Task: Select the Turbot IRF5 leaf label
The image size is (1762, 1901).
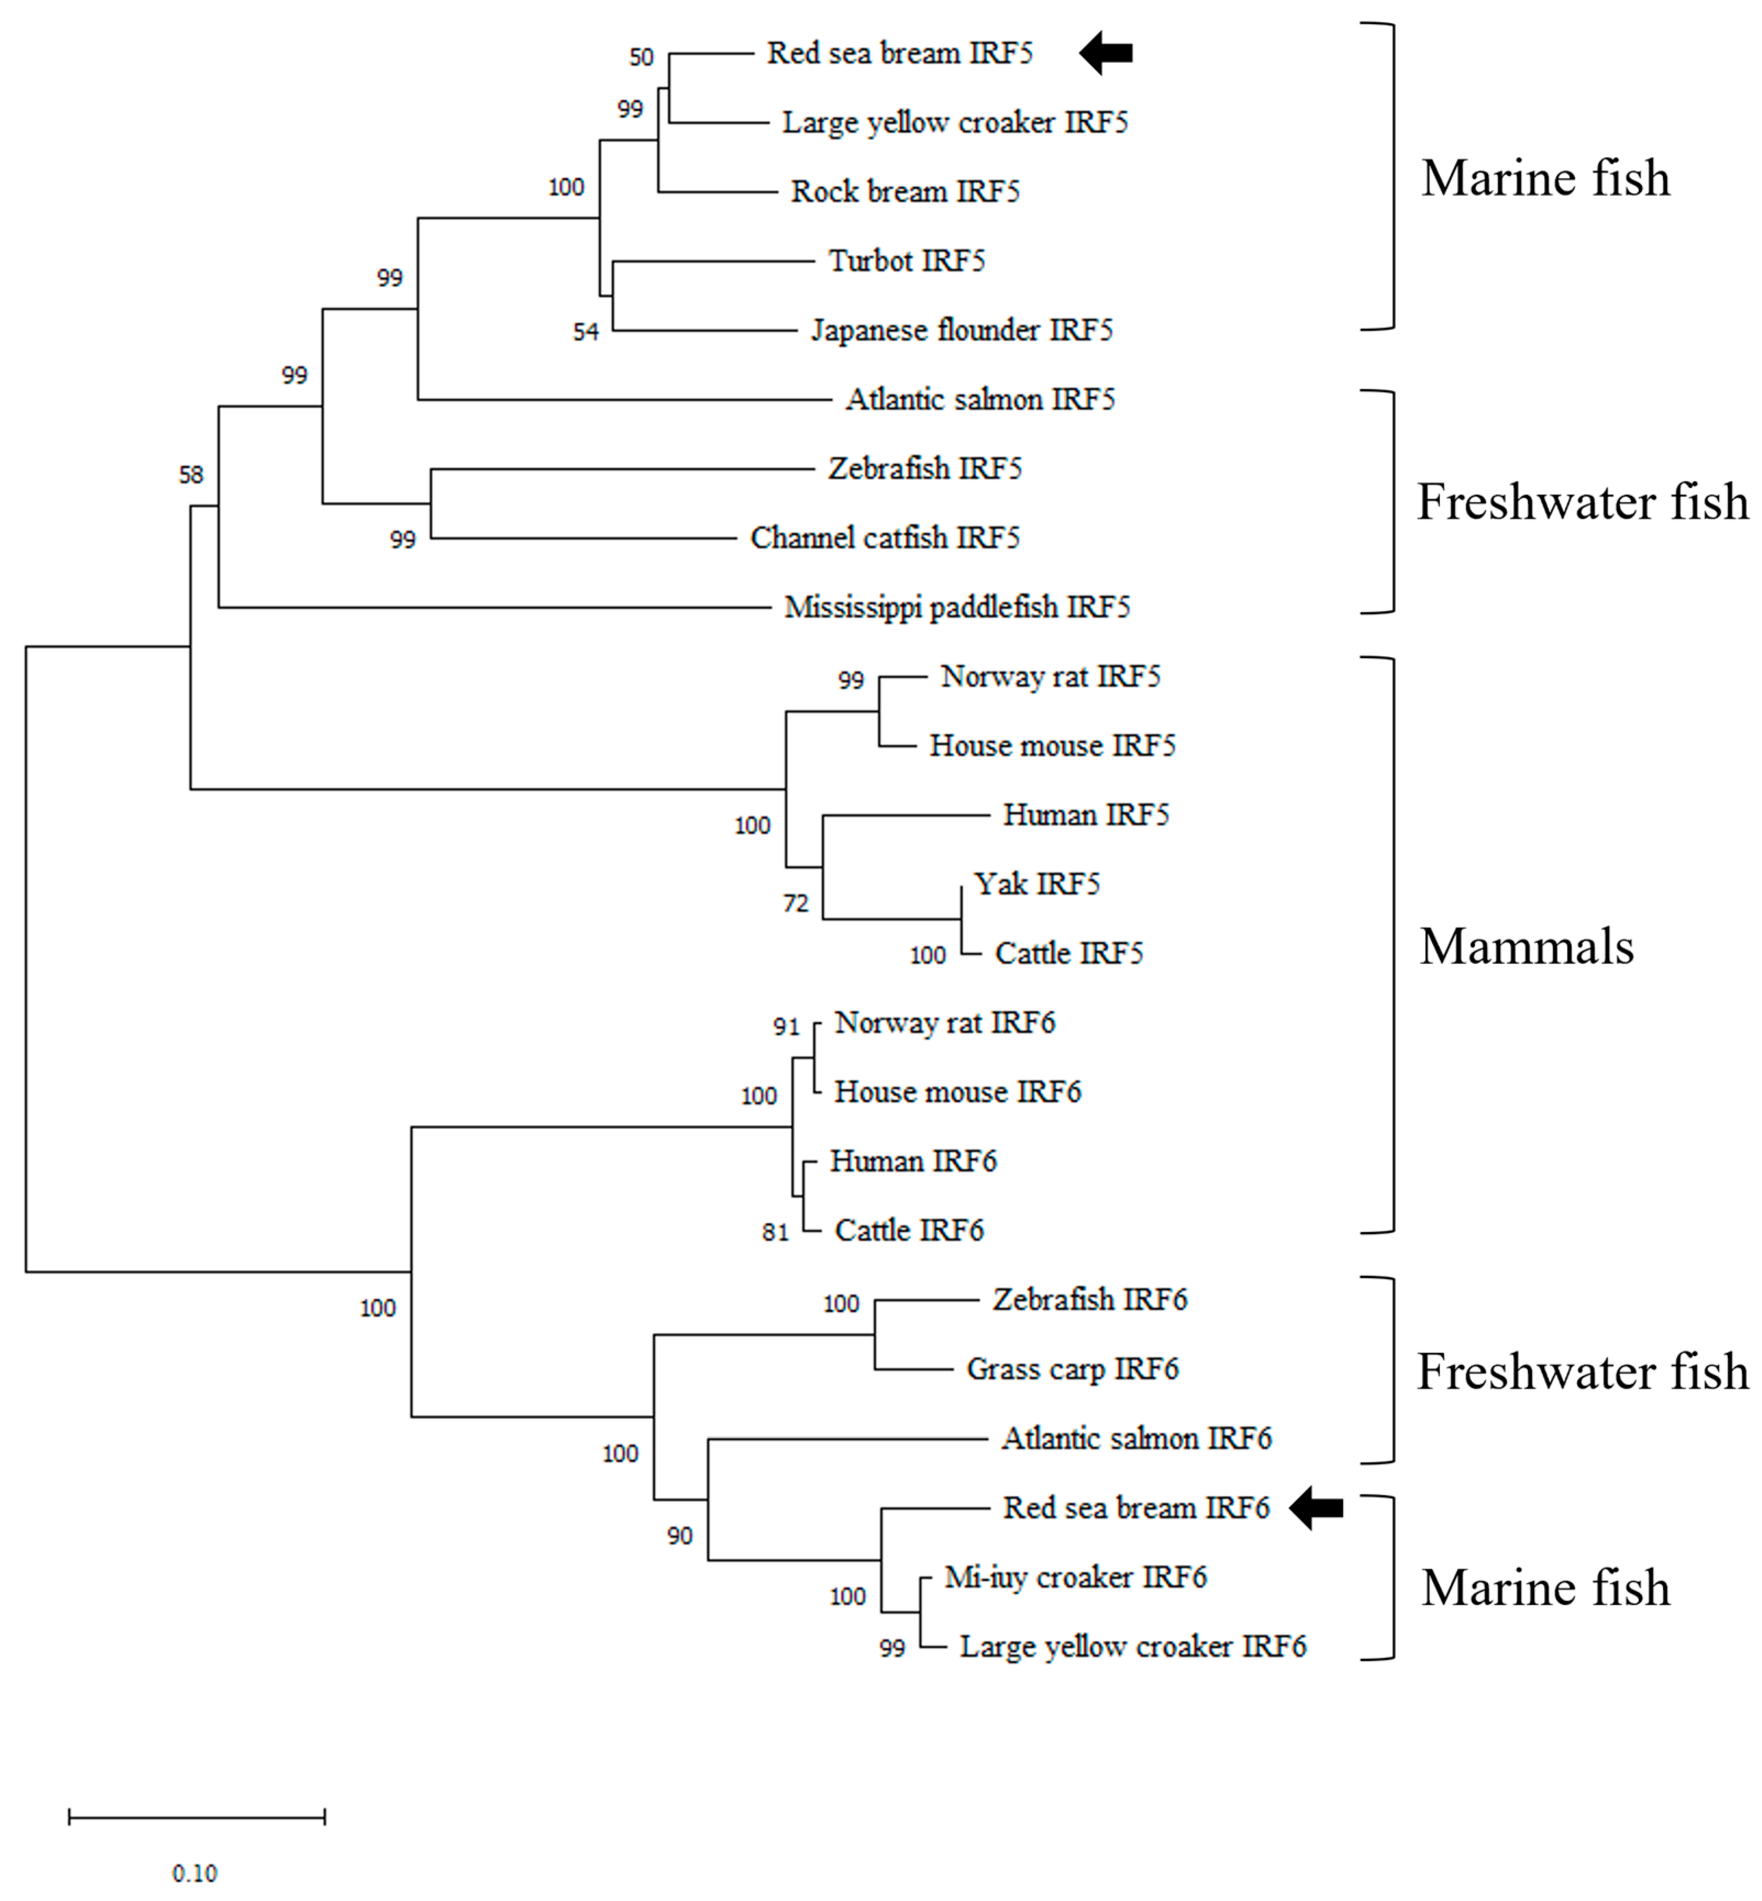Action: pos(906,260)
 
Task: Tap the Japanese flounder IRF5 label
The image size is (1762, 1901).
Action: pos(961,330)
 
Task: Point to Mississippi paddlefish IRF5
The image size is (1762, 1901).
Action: pos(956,607)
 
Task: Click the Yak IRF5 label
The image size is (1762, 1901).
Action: pos(1037,884)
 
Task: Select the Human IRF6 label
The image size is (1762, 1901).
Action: pos(912,1161)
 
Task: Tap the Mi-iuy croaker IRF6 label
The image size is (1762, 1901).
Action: pos(1074,1577)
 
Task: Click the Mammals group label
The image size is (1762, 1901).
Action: pos(1526,947)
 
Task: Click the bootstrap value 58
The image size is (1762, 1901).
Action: pos(191,475)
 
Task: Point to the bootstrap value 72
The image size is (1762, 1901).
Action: pos(795,903)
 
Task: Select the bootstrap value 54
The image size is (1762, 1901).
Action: pos(585,332)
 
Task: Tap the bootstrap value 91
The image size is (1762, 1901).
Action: pos(786,1027)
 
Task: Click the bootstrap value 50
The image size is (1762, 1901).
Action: pos(641,57)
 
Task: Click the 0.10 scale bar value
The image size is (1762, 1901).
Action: pos(195,1874)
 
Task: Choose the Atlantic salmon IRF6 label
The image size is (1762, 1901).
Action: pos(1135,1438)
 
